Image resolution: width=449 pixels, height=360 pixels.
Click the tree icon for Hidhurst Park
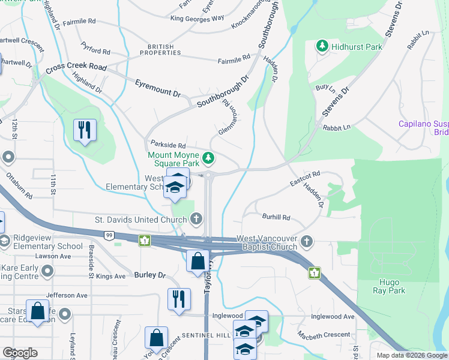(x=322, y=46)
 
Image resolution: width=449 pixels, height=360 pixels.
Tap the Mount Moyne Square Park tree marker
(x=208, y=158)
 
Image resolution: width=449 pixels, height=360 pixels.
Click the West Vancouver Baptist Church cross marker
(x=307, y=241)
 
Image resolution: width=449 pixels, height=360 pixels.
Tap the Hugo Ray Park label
(x=392, y=286)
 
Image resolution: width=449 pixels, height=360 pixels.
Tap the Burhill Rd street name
(x=276, y=217)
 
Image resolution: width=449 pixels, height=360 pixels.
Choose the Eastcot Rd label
(x=305, y=179)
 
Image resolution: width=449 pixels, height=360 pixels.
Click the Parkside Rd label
(x=168, y=145)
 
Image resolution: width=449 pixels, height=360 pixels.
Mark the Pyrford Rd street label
(x=96, y=52)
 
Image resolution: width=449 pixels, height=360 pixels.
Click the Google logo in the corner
(x=20, y=353)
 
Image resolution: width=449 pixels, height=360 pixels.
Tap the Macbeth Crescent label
(x=324, y=334)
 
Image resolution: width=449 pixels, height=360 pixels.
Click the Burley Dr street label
(x=149, y=275)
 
